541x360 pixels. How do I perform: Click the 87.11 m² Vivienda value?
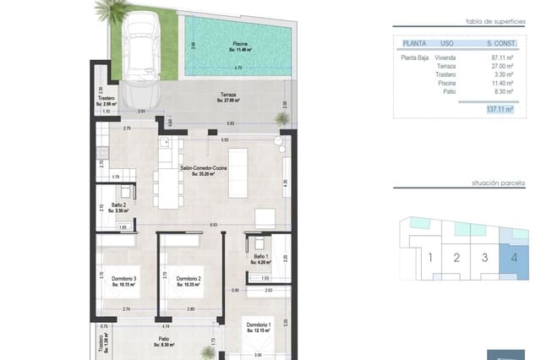(503, 57)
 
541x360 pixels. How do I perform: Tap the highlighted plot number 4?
(514, 258)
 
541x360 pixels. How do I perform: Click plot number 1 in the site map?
(430, 258)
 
